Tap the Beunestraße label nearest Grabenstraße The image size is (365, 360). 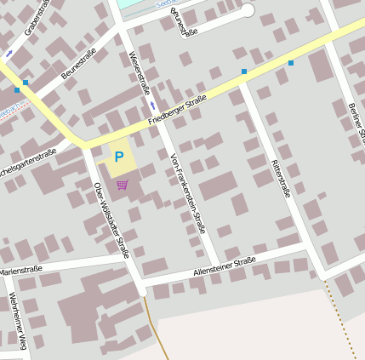tap(78, 66)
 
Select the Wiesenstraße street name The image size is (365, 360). tap(138, 72)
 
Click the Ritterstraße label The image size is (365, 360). tap(281, 179)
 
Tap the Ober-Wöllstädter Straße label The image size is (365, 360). tap(111, 220)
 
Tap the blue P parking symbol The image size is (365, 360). tap(119, 157)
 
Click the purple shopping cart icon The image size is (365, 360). tap(123, 184)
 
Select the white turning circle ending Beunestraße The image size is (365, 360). tap(248, 10)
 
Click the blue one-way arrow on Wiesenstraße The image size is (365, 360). tap(152, 105)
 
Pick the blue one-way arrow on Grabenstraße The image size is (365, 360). tap(9, 53)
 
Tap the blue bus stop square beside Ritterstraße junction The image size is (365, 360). tap(244, 71)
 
